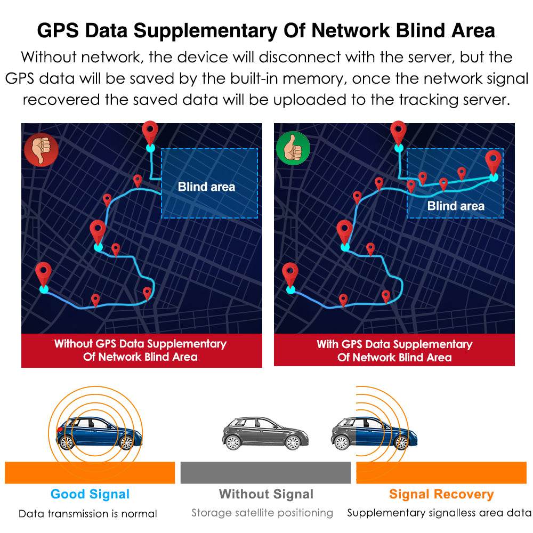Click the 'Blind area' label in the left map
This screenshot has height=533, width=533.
(206, 187)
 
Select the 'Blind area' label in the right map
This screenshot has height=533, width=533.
(456, 206)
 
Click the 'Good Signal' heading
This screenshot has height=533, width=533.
(90, 494)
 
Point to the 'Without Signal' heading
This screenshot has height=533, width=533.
(266, 494)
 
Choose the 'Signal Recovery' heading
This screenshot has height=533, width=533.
(441, 494)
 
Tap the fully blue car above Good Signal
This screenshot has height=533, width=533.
(96, 433)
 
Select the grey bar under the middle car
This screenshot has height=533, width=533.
(265, 473)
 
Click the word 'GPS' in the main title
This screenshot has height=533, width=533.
(58, 30)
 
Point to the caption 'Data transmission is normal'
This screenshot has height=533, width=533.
(88, 514)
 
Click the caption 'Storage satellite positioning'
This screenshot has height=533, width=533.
(262, 513)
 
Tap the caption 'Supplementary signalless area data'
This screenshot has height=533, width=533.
(439, 513)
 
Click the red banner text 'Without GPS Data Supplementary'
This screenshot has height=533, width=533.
(140, 344)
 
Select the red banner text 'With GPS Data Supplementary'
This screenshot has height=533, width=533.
(394, 344)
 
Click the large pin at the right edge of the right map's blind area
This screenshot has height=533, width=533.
(494, 163)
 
